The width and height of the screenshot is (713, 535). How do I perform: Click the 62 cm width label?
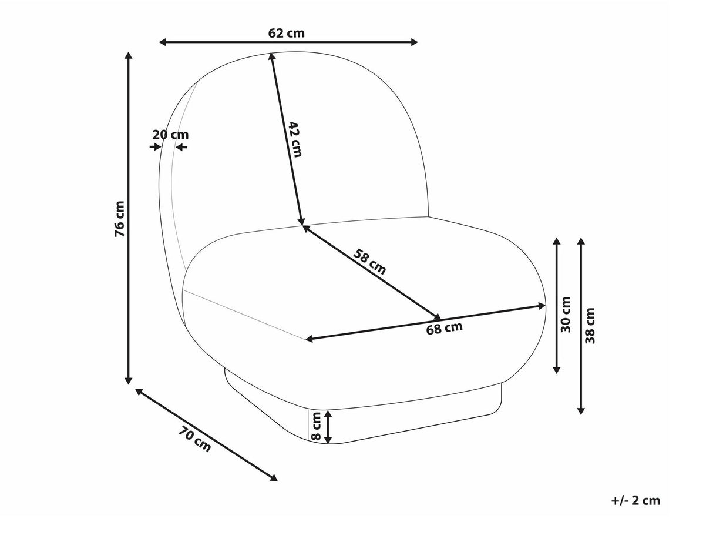pyautogui.click(x=287, y=33)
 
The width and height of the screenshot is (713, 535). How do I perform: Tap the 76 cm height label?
pyautogui.click(x=120, y=219)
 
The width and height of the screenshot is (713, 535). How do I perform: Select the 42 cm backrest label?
pyautogui.click(x=295, y=139)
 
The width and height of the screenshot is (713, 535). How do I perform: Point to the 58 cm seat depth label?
pyautogui.click(x=370, y=261)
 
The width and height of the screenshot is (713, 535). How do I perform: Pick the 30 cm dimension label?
pyautogui.click(x=566, y=314)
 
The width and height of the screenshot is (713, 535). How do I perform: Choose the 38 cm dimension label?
pyautogui.click(x=590, y=326)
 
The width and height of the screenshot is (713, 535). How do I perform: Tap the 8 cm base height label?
pyautogui.click(x=316, y=427)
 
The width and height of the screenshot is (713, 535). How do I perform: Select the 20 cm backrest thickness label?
pyautogui.click(x=170, y=134)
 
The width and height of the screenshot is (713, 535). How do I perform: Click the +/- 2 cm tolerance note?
pyautogui.click(x=635, y=500)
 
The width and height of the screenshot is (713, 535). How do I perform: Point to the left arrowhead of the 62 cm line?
pyautogui.click(x=163, y=42)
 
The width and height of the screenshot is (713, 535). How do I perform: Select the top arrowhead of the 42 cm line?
pyautogui.click(x=271, y=57)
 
